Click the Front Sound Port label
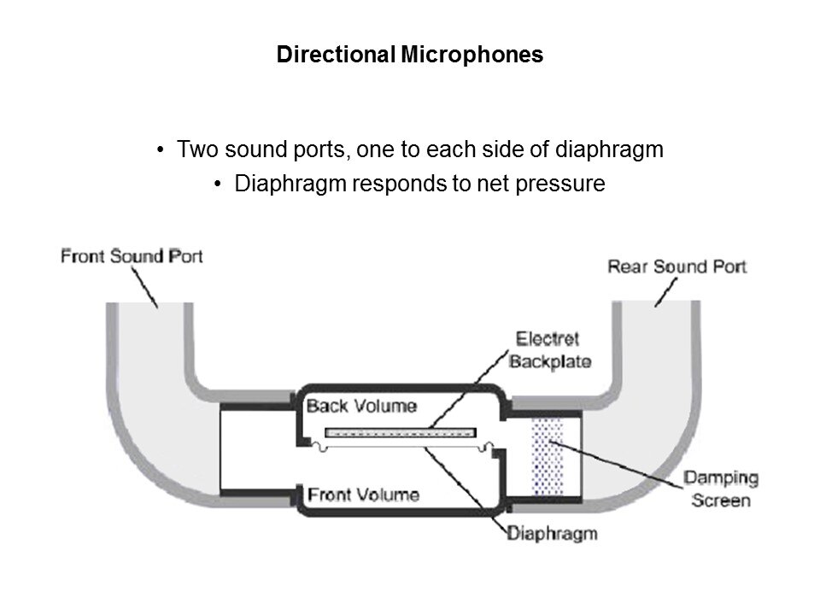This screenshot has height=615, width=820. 132,256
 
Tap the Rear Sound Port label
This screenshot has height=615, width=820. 676,266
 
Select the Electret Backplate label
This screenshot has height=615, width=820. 549,350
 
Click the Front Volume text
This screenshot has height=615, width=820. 363,494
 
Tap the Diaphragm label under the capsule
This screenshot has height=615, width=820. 552,535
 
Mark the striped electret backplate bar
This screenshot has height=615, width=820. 400,431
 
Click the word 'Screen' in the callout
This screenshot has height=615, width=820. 720,500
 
